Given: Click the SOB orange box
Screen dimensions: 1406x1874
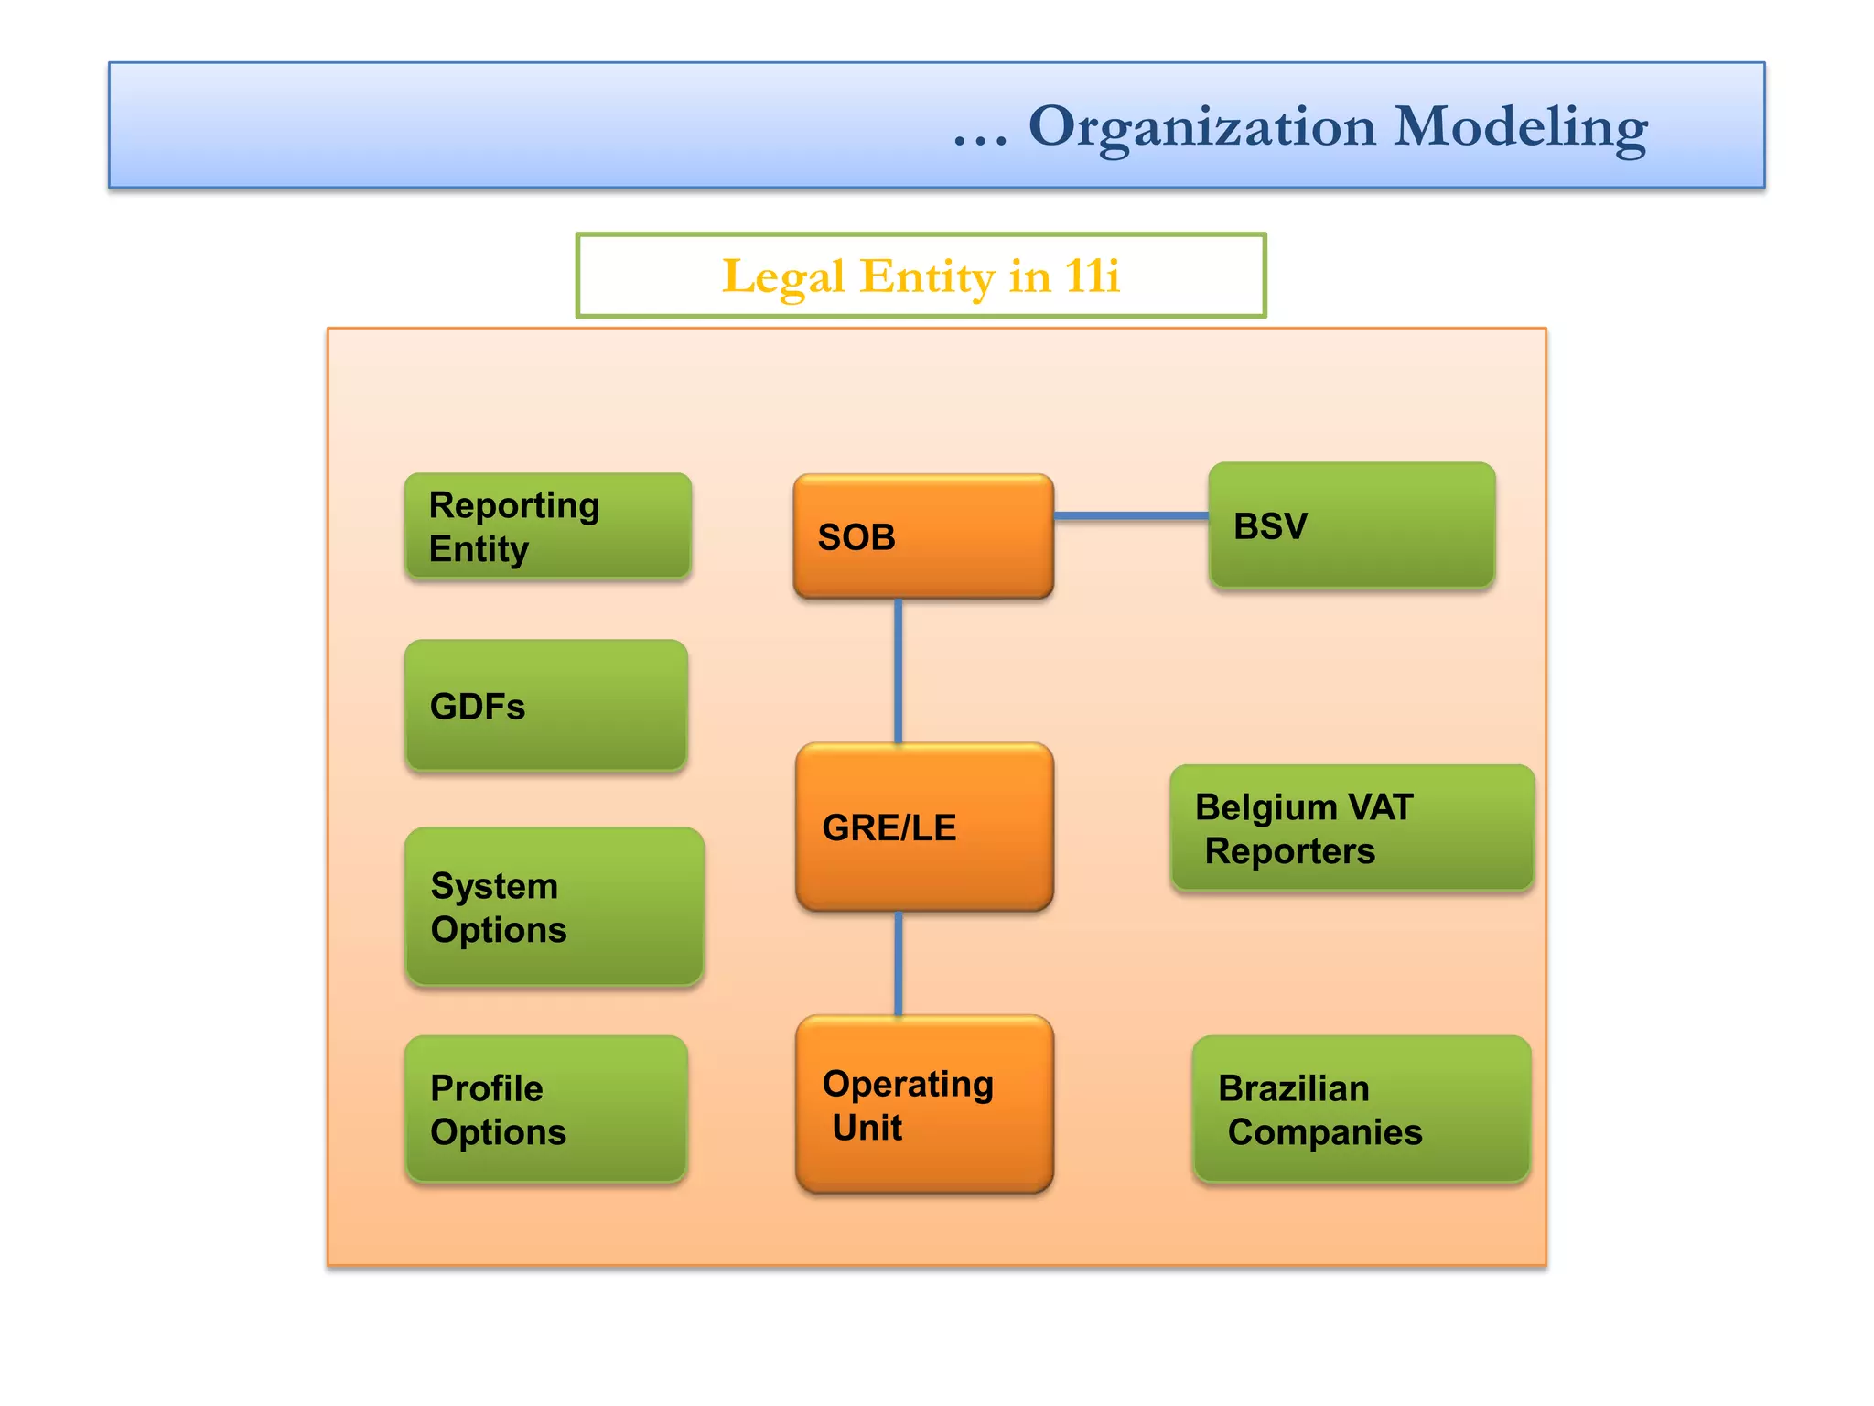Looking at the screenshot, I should click(x=923, y=536).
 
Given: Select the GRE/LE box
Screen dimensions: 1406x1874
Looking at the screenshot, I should click(x=924, y=827).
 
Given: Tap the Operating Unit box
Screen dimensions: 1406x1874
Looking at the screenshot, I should click(x=924, y=1104).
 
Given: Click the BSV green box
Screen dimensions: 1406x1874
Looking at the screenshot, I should click(x=1352, y=525).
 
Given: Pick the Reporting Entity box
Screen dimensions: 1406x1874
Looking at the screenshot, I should click(x=547, y=526).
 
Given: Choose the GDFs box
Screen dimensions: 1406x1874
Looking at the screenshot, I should click(x=546, y=706).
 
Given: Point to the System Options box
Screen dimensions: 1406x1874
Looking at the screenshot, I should click(x=555, y=906).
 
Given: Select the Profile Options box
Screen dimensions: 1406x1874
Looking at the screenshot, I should click(x=546, y=1109).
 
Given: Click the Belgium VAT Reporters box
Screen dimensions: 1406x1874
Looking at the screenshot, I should click(x=1352, y=828).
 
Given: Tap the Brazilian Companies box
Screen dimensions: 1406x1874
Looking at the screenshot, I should click(x=1361, y=1109).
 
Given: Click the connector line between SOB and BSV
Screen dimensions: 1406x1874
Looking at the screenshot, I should click(x=1131, y=516).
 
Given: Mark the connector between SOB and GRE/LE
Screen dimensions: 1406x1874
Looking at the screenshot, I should click(x=899, y=670).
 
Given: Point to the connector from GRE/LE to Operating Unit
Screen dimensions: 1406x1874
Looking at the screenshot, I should click(x=899, y=963).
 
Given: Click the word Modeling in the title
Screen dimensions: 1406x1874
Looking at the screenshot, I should click(x=1520, y=126).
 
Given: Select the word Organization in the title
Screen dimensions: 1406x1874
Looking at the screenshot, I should click(x=1202, y=128).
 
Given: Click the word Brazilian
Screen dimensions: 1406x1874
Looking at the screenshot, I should click(x=1293, y=1088).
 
